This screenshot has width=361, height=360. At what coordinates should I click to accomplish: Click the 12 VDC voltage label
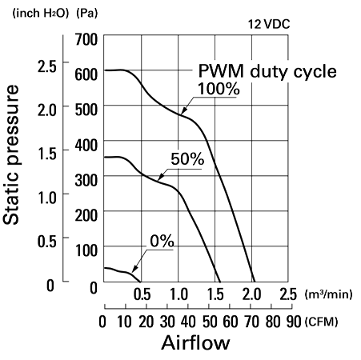coord(269,25)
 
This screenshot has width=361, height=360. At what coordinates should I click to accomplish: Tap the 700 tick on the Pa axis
coord(86,39)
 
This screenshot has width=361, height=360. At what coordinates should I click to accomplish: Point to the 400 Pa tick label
coord(86,146)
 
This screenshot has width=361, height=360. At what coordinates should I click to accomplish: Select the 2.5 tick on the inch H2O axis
coord(47,66)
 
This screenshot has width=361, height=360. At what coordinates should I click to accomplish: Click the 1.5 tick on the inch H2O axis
coord(47,154)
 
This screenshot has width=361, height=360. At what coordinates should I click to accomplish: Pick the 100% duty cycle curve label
coord(219,89)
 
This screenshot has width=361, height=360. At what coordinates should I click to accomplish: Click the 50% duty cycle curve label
coord(187,159)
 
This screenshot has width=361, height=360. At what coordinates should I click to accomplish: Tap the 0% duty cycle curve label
coord(162,242)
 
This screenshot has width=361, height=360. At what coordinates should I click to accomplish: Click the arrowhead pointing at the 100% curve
coord(184,110)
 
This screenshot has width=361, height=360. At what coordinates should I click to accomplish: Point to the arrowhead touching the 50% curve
coord(161,177)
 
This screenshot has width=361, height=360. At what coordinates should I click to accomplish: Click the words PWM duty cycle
coord(267,71)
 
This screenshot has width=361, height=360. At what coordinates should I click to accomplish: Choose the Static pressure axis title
coord(11,154)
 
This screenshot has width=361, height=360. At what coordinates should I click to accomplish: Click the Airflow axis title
coord(195,342)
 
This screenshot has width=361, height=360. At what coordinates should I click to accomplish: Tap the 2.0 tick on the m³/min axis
coord(251,294)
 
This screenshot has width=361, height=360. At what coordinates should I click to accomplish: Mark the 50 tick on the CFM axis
coord(210,322)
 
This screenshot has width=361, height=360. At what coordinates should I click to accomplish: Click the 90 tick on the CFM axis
coord(294,322)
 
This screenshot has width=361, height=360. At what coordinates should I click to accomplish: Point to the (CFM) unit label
coord(321,322)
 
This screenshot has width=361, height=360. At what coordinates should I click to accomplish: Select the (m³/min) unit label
coord(328,294)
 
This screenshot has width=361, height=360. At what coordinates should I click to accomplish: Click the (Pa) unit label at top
coord(87,14)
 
